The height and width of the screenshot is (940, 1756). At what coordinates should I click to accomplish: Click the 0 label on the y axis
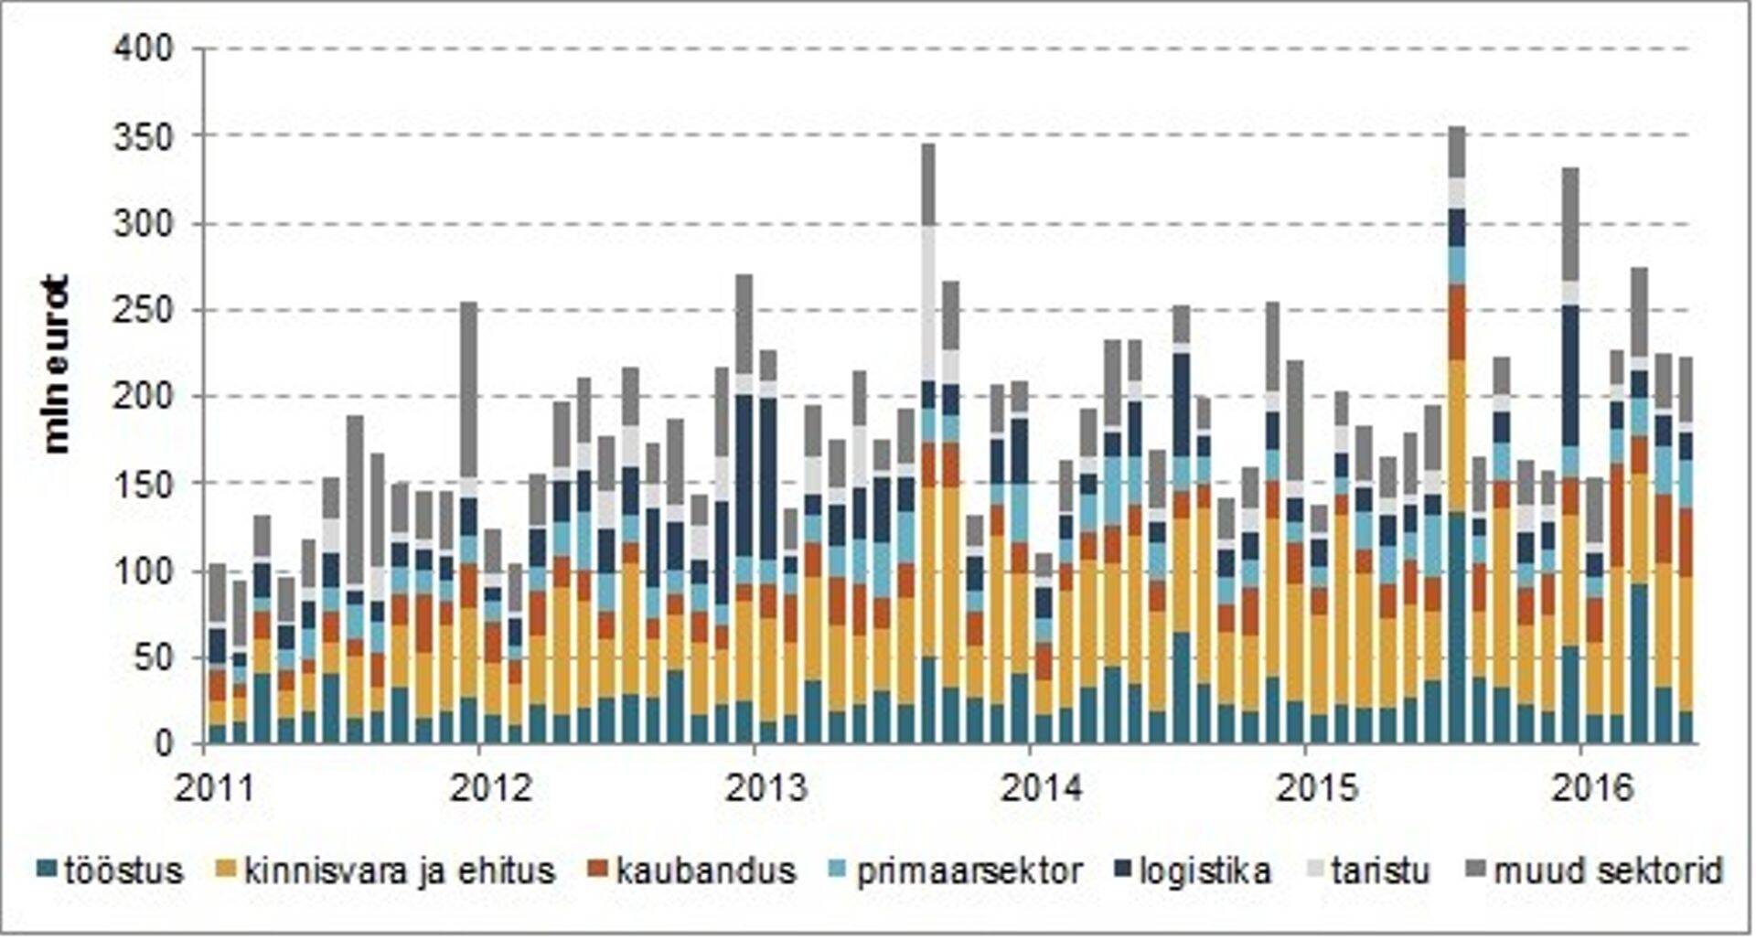click(163, 744)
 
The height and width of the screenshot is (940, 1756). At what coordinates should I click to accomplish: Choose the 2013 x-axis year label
click(766, 788)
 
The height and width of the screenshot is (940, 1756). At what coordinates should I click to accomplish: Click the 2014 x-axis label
click(1042, 788)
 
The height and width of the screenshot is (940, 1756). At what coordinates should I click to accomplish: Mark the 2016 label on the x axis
click(1592, 788)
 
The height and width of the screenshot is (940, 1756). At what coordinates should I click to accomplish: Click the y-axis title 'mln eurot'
click(57, 363)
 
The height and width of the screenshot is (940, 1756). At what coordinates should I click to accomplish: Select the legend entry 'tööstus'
click(123, 871)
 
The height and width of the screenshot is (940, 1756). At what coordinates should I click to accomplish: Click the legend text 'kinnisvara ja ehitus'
click(400, 871)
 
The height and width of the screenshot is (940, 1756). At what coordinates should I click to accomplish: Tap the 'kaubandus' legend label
click(706, 871)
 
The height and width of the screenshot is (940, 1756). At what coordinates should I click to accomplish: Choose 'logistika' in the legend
click(1205, 871)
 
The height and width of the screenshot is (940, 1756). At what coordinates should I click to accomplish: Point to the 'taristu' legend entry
click(1380, 871)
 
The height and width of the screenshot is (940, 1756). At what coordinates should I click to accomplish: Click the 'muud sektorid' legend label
click(1609, 871)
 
